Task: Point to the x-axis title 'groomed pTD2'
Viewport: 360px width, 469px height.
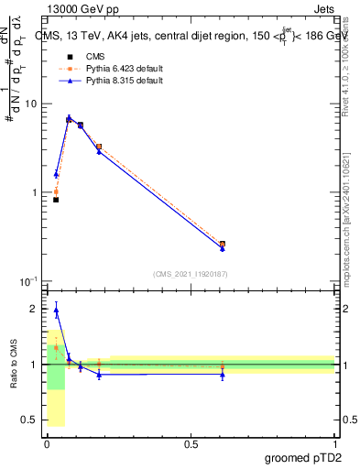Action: [x=304, y=458]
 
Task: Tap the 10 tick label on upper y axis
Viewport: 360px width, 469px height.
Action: [x=30, y=104]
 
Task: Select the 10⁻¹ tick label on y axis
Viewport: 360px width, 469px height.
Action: [x=28, y=281]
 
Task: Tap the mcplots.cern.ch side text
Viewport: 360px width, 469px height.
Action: [x=350, y=229]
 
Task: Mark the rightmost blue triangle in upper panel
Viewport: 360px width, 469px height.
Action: [x=223, y=248]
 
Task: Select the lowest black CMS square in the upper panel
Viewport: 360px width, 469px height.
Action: [x=56, y=200]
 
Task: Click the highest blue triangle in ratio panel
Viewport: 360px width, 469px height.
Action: [x=56, y=310]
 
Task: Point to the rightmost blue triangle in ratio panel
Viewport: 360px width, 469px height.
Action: [x=223, y=375]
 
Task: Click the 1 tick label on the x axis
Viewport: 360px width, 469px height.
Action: [x=334, y=443]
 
